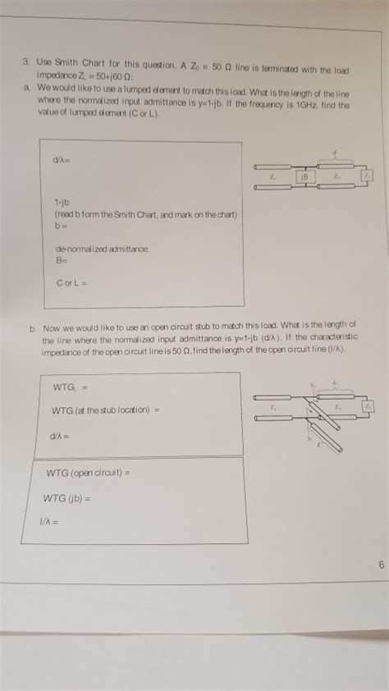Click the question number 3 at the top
tap(25, 60)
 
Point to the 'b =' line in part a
tap(62, 224)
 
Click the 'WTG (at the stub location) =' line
tap(104, 409)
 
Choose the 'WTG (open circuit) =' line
tap(89, 473)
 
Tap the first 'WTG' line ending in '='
tap(70, 385)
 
